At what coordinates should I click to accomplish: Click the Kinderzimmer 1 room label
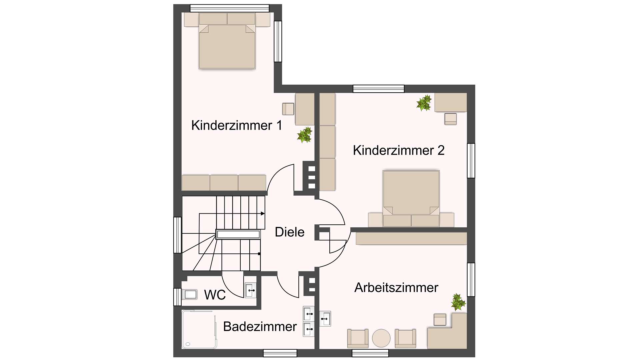click(237, 126)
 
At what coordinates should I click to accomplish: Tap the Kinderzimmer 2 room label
click(398, 150)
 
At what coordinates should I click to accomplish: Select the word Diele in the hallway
click(289, 232)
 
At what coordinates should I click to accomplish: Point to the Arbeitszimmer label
click(396, 288)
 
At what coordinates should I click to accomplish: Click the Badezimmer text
click(260, 327)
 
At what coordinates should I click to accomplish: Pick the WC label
click(215, 295)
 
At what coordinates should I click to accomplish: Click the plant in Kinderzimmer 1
click(305, 135)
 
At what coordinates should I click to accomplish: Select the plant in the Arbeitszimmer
click(458, 302)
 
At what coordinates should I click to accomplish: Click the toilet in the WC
click(189, 294)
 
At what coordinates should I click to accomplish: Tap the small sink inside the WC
click(250, 290)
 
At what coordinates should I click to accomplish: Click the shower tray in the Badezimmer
click(199, 329)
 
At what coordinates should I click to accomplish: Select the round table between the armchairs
click(381, 338)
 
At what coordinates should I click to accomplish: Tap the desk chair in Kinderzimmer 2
click(450, 119)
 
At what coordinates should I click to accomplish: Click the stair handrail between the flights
click(238, 234)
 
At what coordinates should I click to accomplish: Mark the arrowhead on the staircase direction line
click(263, 213)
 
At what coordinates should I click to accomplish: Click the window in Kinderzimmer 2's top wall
click(378, 89)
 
